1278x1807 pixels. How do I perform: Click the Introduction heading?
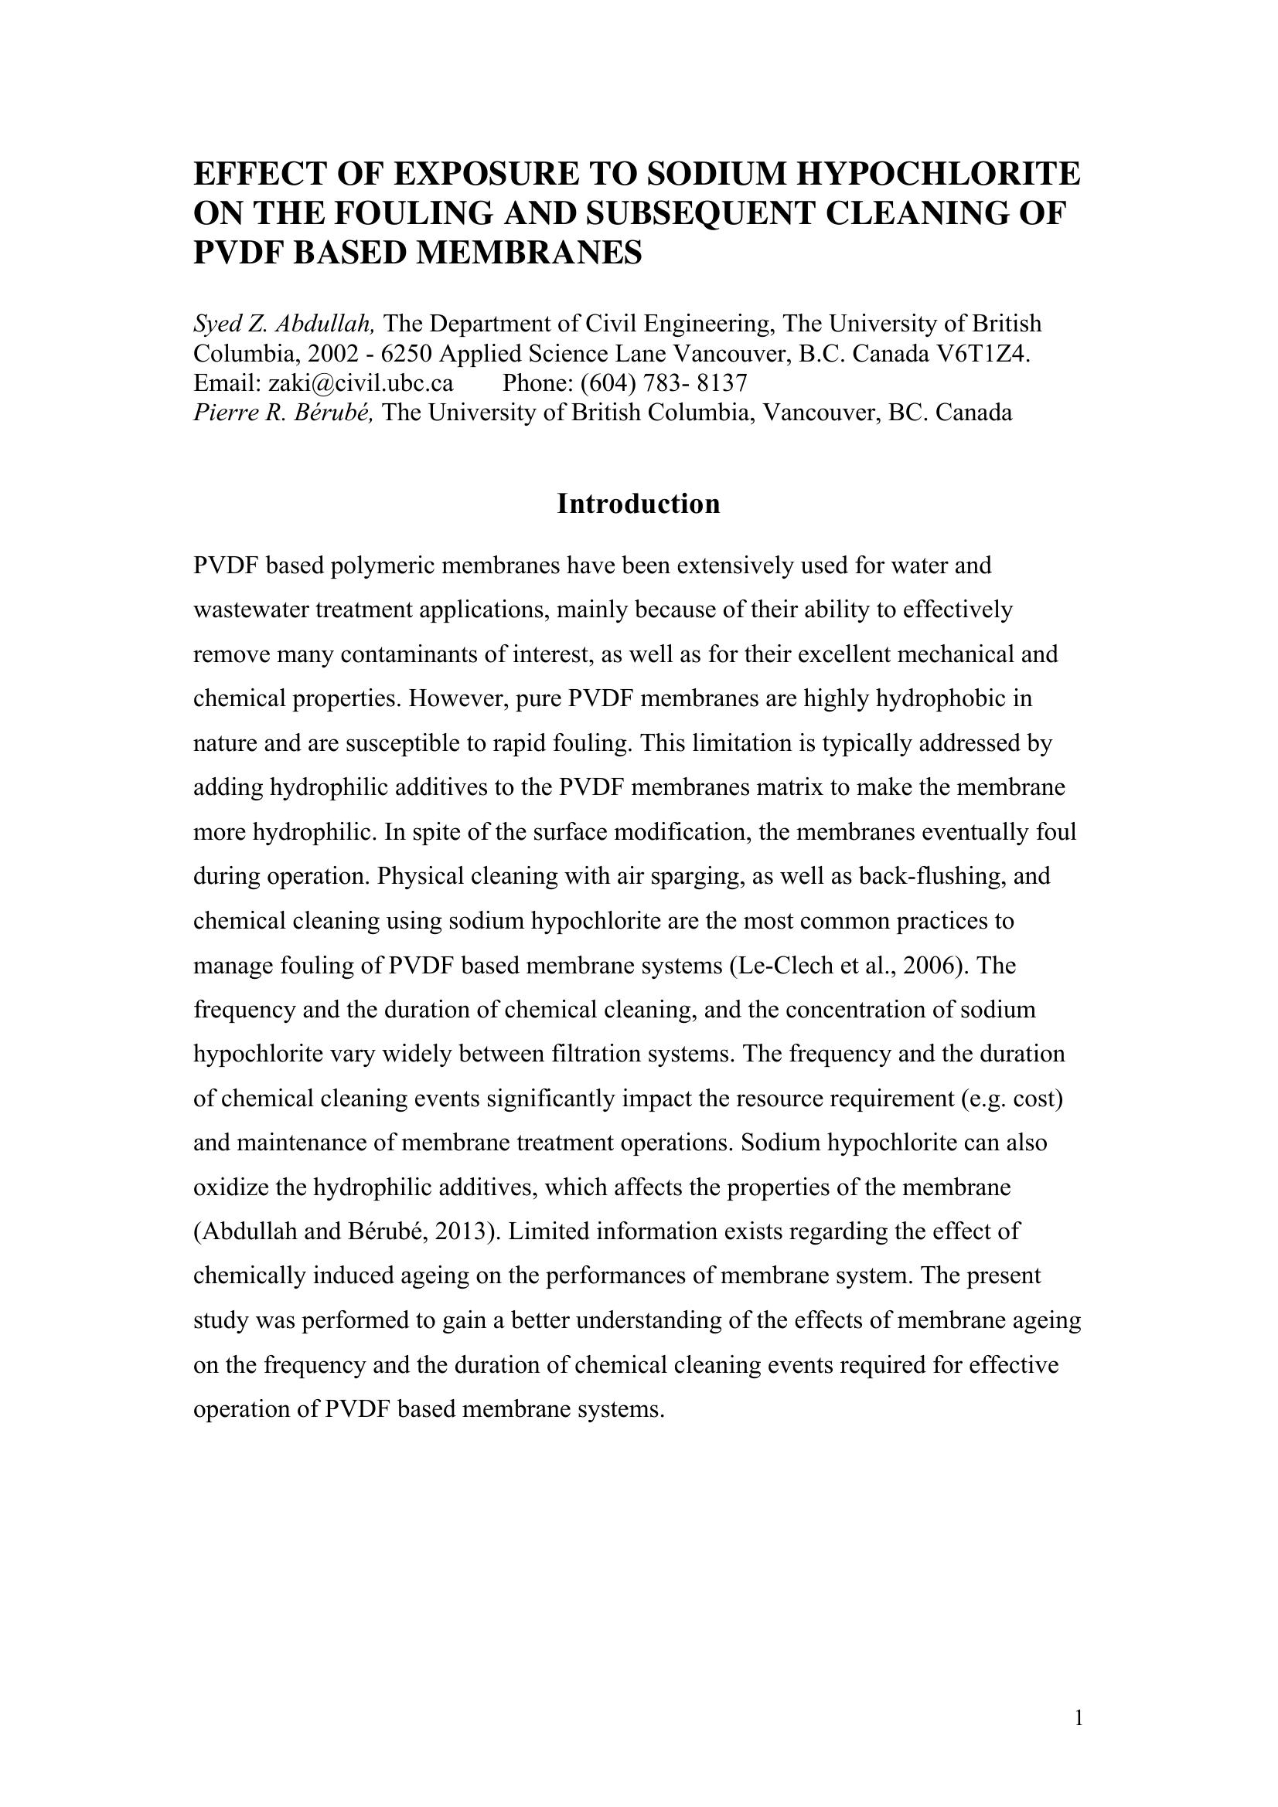tap(638, 504)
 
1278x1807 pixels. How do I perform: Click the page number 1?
tap(1078, 1718)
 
